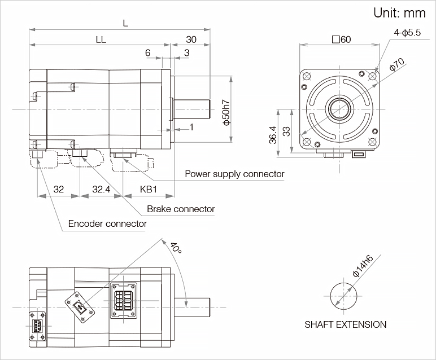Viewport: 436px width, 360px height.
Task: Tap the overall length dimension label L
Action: tap(125, 23)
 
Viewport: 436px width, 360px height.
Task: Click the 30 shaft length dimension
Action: tap(191, 39)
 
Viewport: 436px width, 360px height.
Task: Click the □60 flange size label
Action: tap(342, 39)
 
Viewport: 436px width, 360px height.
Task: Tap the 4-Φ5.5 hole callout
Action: tap(407, 33)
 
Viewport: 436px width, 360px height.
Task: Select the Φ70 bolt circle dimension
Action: tap(397, 67)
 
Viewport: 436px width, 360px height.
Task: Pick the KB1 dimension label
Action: tap(148, 189)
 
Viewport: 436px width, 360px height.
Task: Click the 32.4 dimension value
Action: tap(101, 189)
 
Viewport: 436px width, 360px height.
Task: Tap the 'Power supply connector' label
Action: tap(234, 174)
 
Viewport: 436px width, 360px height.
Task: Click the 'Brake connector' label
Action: tap(181, 209)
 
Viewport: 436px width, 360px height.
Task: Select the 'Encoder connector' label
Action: tap(107, 223)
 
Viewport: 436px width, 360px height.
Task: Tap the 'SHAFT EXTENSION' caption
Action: tap(346, 324)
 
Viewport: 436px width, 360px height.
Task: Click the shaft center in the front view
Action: tap(339, 106)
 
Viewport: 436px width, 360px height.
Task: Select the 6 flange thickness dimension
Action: tap(148, 52)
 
